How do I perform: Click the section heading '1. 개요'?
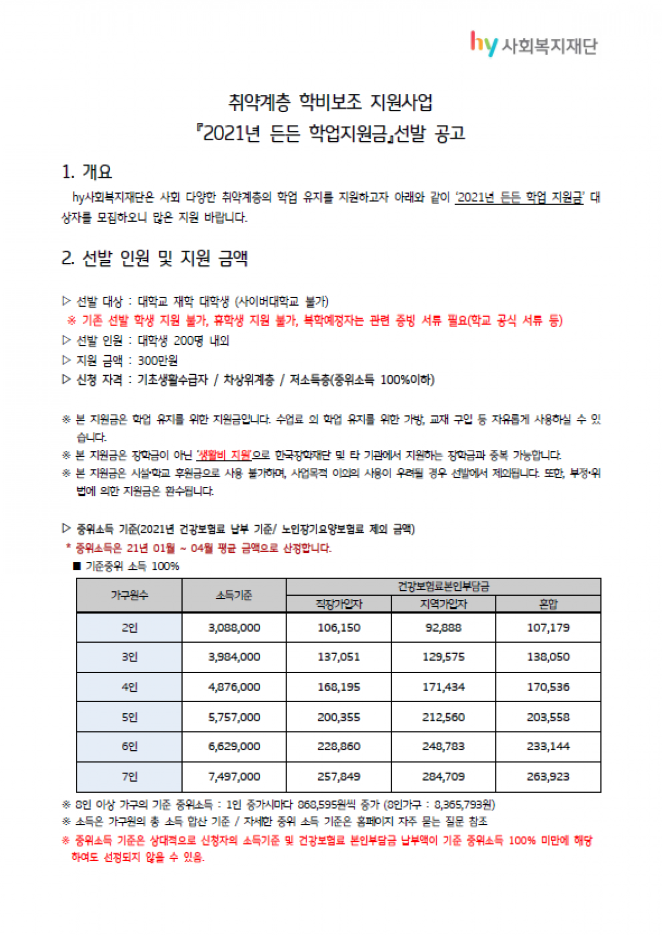(x=87, y=172)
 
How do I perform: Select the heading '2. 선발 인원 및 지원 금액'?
(x=154, y=258)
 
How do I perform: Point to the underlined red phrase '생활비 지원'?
(x=224, y=455)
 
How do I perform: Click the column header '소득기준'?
(x=234, y=595)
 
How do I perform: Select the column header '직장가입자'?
(x=338, y=604)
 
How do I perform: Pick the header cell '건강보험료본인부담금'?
(x=443, y=586)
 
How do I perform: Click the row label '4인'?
(x=129, y=687)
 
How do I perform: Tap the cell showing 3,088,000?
(x=234, y=627)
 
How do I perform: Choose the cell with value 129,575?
(x=443, y=657)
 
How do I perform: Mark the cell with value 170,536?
(x=548, y=687)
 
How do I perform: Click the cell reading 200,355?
(x=338, y=717)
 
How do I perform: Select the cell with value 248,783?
(x=443, y=746)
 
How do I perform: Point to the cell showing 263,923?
(x=548, y=776)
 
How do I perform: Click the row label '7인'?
(x=129, y=776)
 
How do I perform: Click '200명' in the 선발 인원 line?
(x=188, y=340)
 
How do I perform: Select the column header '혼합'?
(x=548, y=604)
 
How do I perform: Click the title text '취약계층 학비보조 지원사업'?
(x=330, y=102)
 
